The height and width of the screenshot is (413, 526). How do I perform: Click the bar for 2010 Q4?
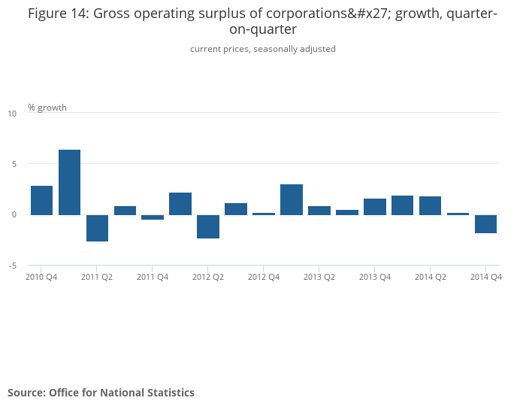pos(42,200)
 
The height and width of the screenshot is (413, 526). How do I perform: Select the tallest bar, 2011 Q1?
pos(70,182)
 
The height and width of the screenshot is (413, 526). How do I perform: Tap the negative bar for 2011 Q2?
pos(97,228)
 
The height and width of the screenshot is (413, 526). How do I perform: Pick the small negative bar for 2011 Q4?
pos(153,217)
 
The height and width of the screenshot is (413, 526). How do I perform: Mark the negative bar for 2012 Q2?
pos(208,226)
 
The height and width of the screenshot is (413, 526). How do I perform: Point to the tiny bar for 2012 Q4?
pos(264,214)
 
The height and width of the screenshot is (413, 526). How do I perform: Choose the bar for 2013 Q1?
pos(292,199)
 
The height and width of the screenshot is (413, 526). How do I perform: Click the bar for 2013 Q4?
pos(375,207)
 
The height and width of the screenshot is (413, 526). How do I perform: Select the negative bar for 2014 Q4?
pos(485,224)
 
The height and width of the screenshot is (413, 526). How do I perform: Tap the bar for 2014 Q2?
pos(430,205)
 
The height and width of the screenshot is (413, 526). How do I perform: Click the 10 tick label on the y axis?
pos(11,114)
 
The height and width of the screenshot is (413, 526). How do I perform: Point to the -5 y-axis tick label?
pos(11,266)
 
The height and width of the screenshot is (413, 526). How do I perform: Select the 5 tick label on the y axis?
pos(13,164)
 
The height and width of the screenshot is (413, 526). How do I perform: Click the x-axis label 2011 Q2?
pos(97,277)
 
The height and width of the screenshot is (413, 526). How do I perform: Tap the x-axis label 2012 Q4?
pos(264,277)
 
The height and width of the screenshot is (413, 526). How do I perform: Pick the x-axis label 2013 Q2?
pos(319,277)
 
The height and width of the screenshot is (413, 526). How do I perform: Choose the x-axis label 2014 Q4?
pos(485,277)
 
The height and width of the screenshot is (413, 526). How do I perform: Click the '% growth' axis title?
pos(47,108)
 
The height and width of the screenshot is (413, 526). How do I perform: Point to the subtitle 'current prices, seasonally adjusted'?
pos(263,49)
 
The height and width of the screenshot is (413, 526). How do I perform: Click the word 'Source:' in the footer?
pos(26,393)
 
